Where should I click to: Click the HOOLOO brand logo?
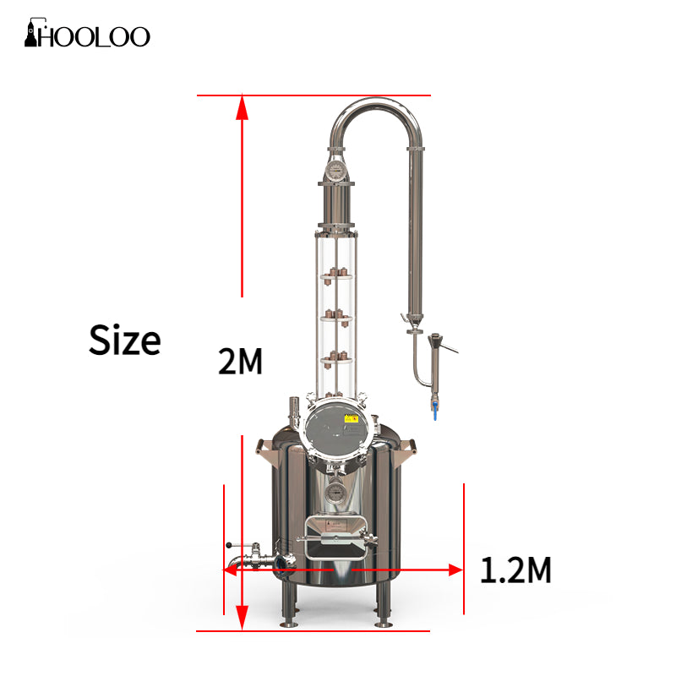pos(88,35)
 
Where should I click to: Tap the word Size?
pos(125,341)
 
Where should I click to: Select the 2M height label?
pos(241,362)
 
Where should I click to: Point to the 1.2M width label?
pos(515,571)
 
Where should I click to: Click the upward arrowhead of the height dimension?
pos(243,108)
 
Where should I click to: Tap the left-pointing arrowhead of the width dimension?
pos(231,570)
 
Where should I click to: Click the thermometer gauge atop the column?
pos(335,172)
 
